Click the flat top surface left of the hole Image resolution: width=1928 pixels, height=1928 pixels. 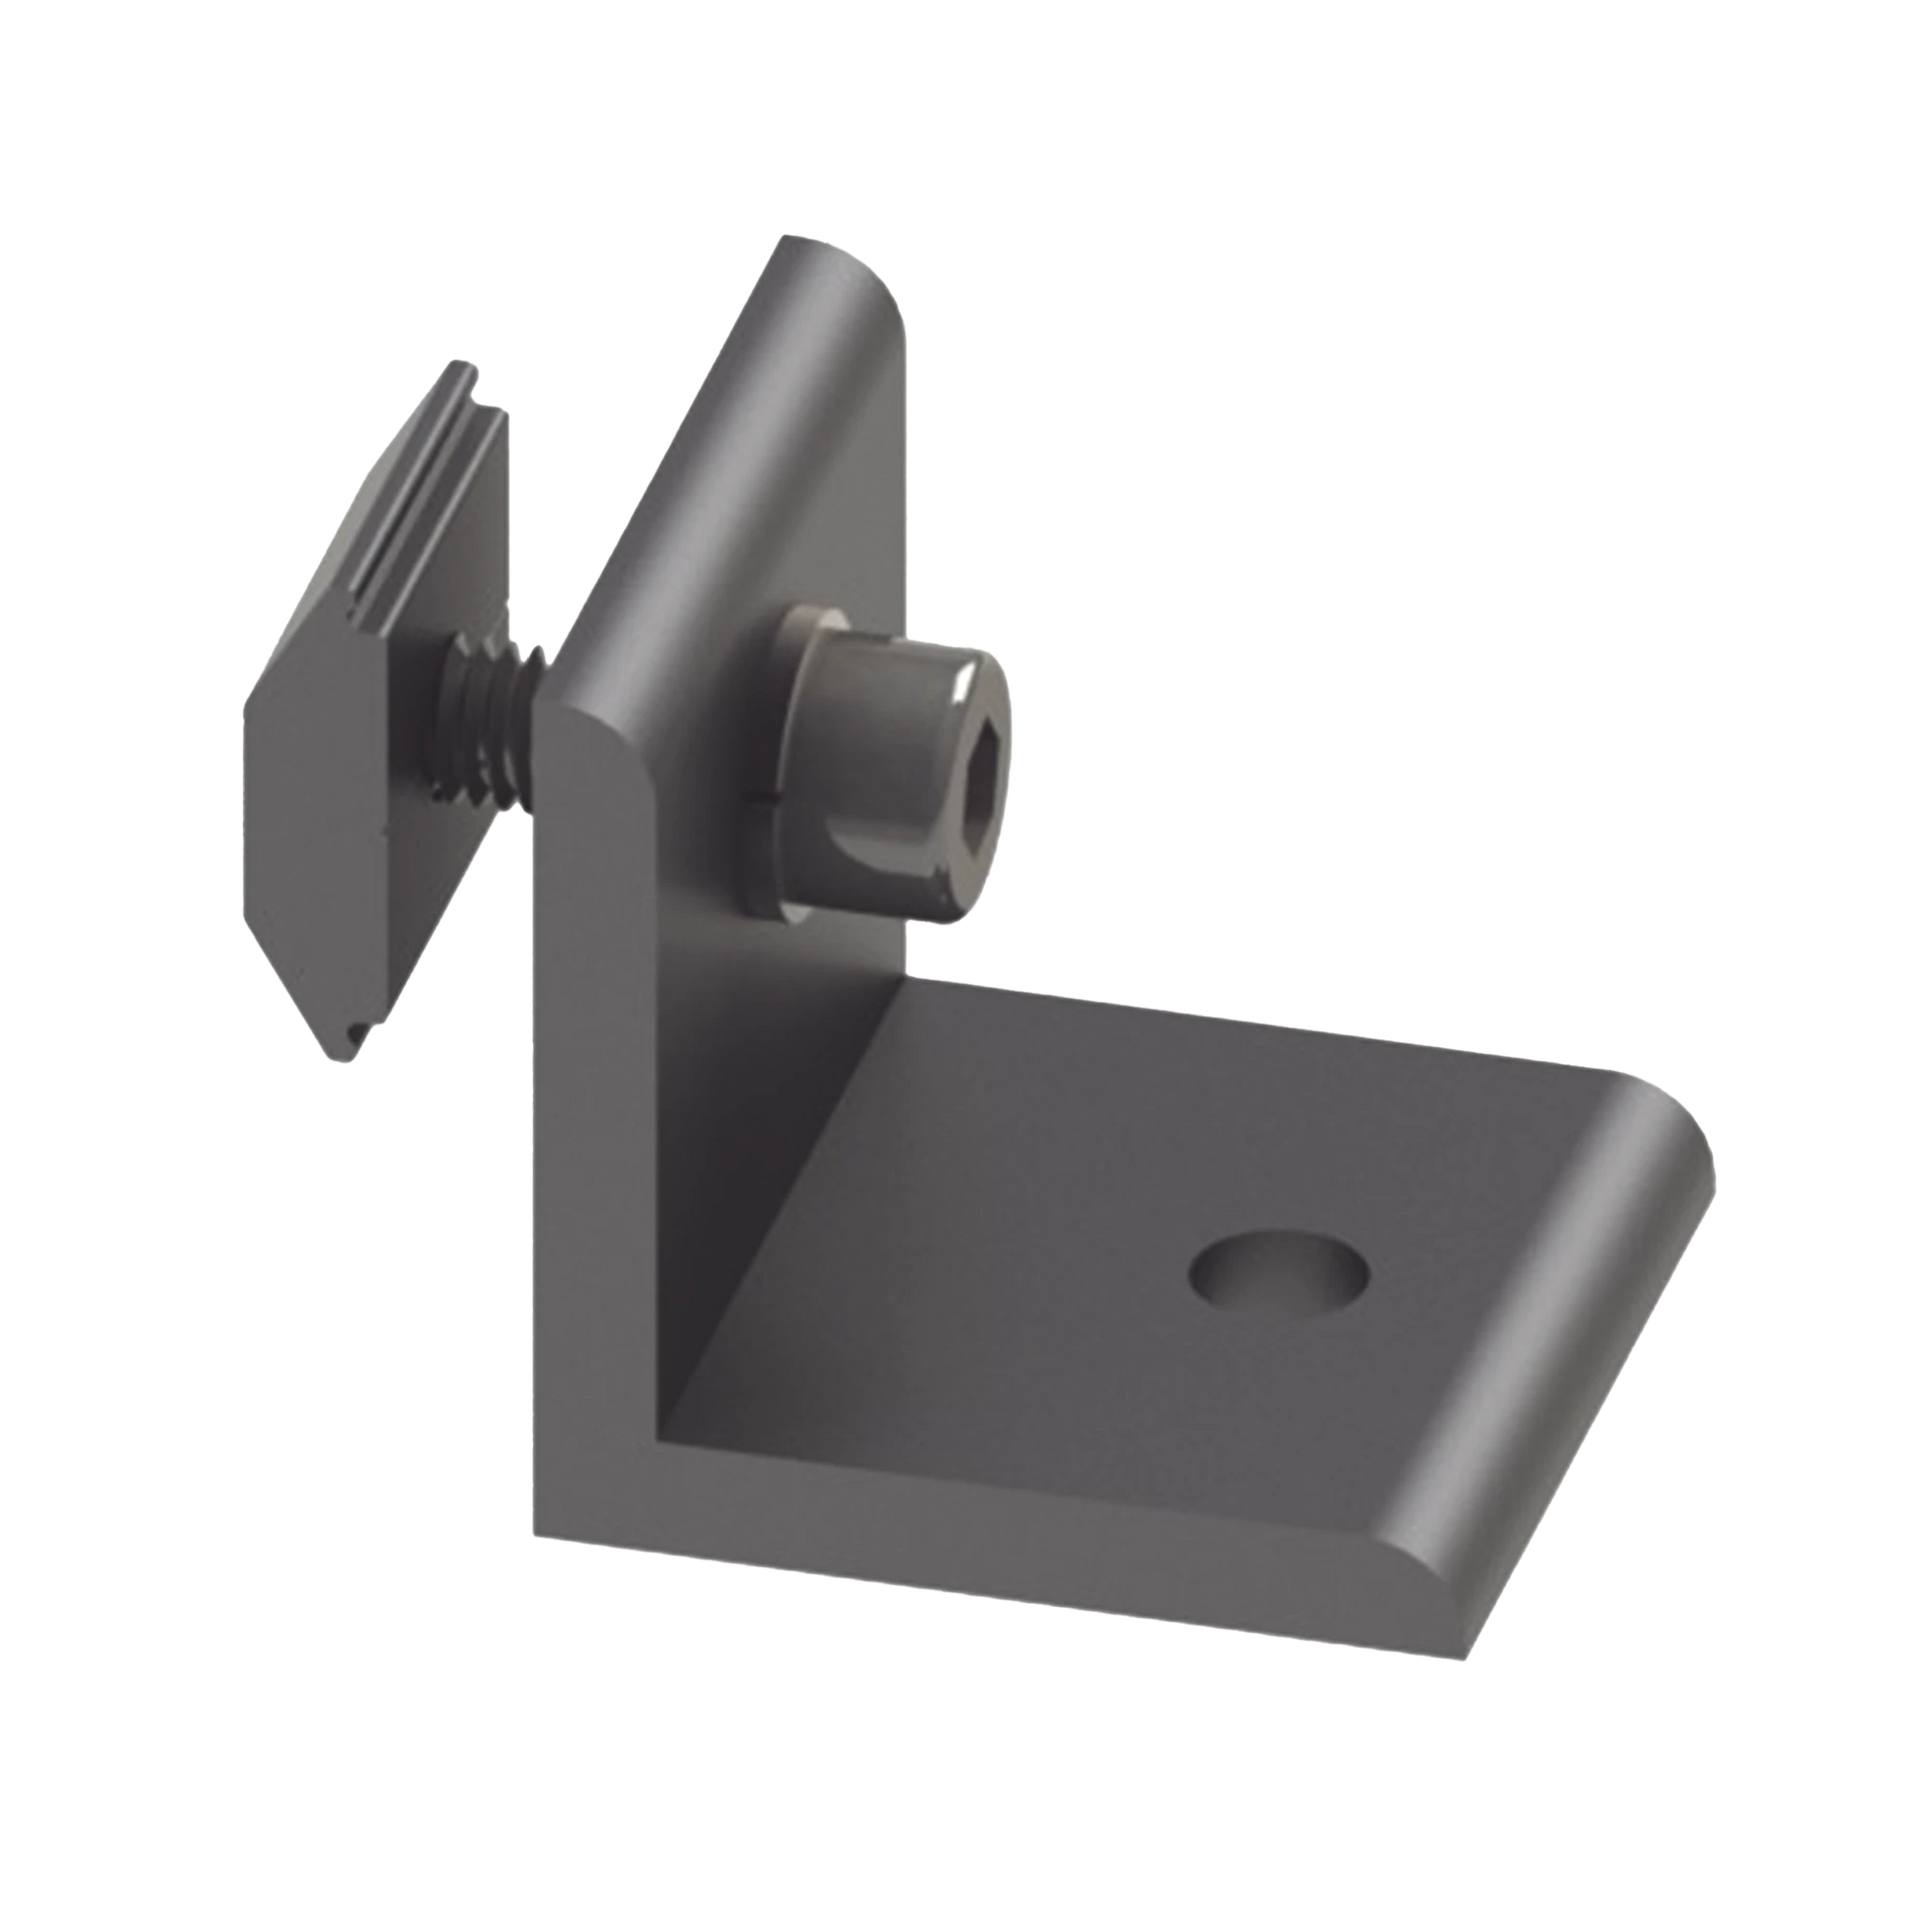tap(998, 1247)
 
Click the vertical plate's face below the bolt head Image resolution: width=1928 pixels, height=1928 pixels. tap(789, 1048)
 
